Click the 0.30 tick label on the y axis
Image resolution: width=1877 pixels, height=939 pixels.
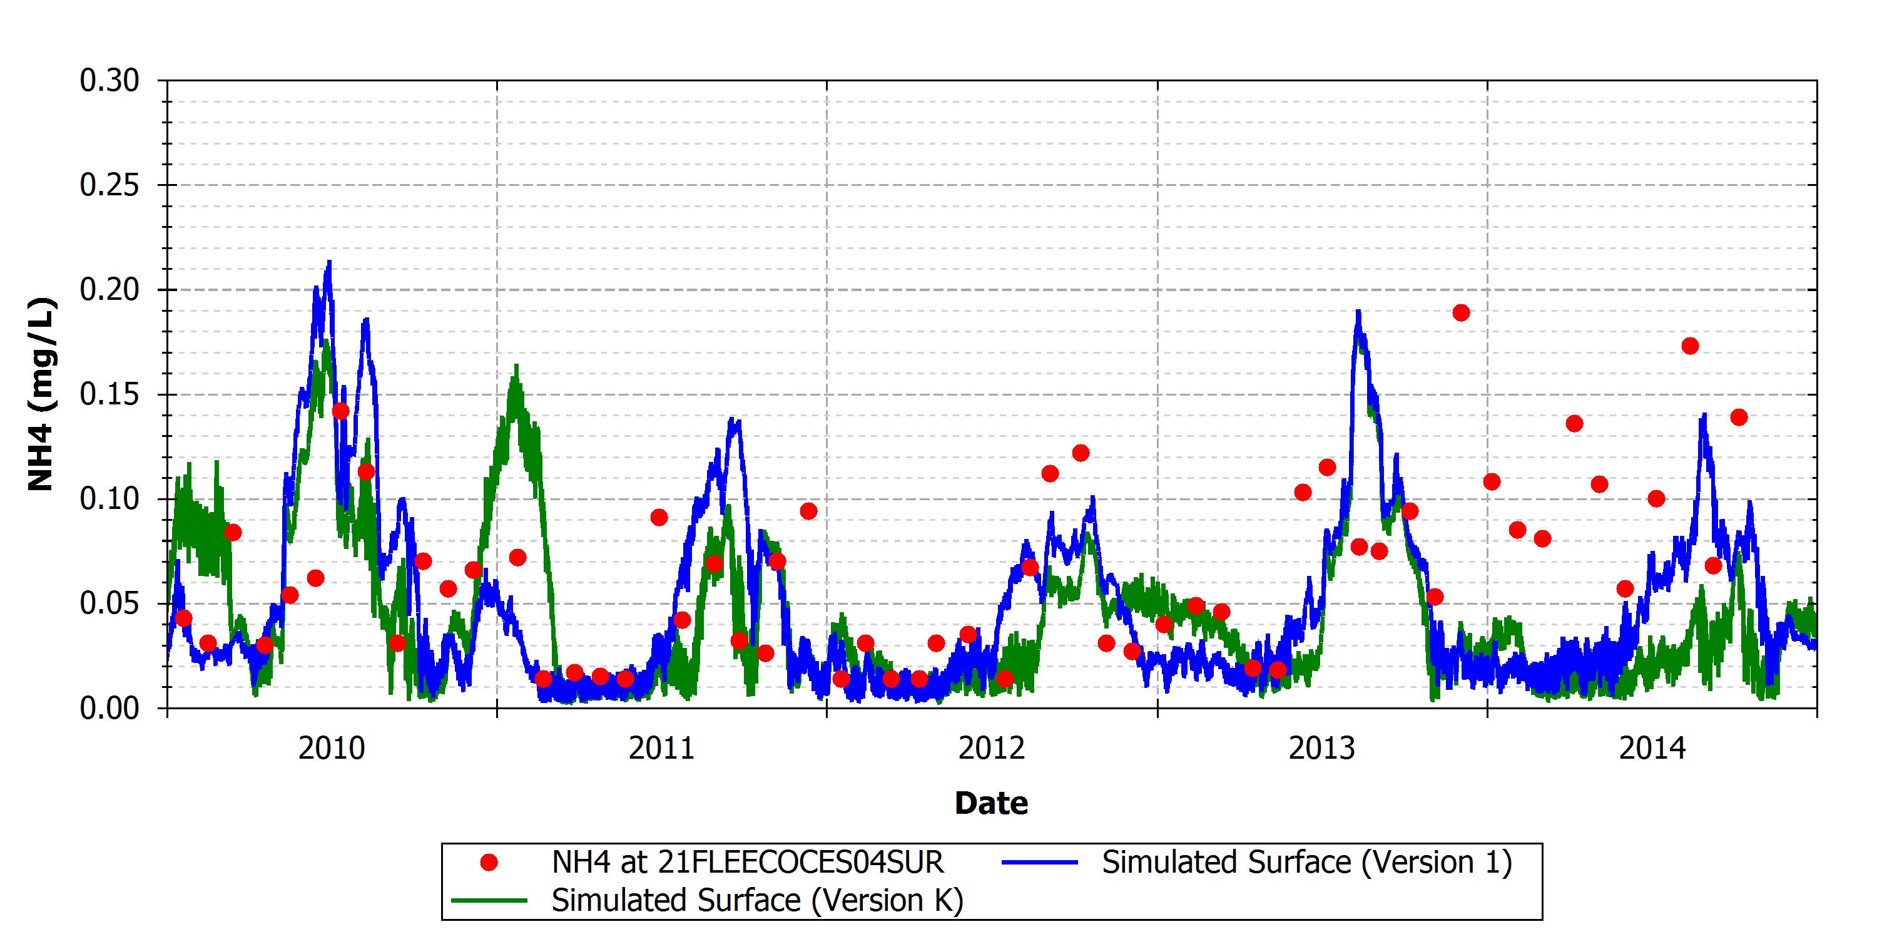click(109, 81)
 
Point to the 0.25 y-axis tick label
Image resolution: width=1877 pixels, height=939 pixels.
click(109, 186)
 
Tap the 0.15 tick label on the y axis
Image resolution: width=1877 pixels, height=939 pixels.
click(109, 395)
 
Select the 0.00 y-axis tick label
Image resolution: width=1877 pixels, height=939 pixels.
click(109, 709)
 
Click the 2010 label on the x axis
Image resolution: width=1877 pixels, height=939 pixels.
click(332, 749)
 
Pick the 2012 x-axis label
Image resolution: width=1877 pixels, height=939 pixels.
click(992, 749)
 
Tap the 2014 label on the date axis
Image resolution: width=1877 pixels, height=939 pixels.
click(1652, 749)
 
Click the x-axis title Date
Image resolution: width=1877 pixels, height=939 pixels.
click(992, 803)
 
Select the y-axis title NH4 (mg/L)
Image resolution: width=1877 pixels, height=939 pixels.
click(41, 394)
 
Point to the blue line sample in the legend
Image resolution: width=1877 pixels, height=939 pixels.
click(1040, 863)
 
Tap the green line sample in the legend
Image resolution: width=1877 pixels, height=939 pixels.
click(490, 901)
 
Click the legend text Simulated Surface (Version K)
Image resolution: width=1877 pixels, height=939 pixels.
click(758, 901)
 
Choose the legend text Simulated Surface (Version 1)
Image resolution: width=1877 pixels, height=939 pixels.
click(1307, 863)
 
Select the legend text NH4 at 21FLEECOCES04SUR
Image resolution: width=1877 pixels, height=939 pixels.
click(748, 863)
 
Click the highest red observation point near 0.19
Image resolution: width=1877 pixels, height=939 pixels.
click(1461, 313)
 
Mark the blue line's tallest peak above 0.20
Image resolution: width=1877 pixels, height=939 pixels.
click(329, 262)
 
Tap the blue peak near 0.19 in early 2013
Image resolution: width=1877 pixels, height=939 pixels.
click(1358, 312)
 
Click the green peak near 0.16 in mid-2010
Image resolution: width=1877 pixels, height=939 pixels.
click(516, 366)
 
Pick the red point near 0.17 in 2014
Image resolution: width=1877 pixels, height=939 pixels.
click(1691, 346)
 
